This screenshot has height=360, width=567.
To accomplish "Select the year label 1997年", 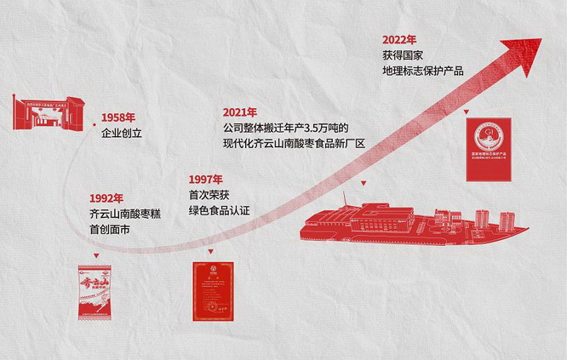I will pos(206,179).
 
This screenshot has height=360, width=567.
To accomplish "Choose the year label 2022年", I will pos(399,39).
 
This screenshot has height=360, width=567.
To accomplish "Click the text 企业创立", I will pos(122,133).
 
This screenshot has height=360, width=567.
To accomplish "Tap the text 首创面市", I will pos(110,229).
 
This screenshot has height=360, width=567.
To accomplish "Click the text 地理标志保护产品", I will pos(423,70).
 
